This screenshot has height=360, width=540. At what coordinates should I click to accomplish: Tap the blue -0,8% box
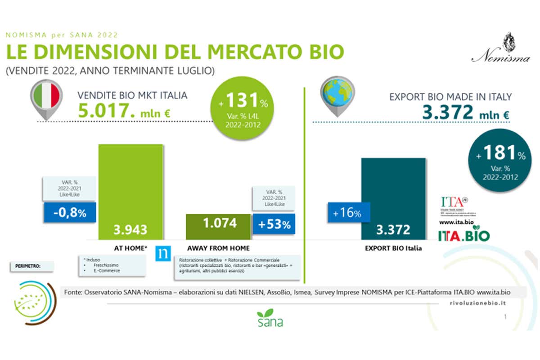click(x=70, y=213)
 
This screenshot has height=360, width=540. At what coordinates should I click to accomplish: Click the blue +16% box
click(x=347, y=213)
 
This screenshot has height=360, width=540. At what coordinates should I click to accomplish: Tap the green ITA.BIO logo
click(x=464, y=235)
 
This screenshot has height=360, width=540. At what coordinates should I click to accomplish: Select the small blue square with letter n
click(x=162, y=253)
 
